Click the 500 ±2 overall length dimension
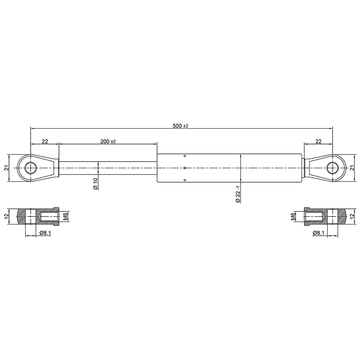[x=180, y=126]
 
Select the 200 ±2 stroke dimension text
[x=108, y=141]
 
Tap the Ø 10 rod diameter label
[x=95, y=184]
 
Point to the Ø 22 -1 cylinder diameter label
[x=238, y=194]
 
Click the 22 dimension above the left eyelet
[x=45, y=141]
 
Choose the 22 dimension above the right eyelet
[x=319, y=141]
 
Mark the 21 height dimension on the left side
[x=7, y=168]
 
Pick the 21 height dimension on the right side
[x=352, y=168]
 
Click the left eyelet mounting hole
[x=31, y=168]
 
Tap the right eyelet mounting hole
[x=332, y=168]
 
